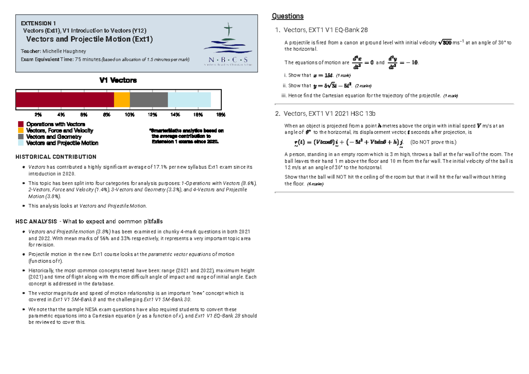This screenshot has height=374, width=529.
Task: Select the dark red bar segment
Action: coord(65,100)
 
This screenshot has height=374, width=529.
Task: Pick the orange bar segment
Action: coord(122,100)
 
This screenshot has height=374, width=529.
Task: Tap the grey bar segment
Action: coord(149,100)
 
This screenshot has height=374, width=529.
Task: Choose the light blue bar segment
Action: coord(189,100)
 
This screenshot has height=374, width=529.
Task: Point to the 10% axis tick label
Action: coord(130,115)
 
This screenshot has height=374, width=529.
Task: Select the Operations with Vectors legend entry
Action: coord(56,124)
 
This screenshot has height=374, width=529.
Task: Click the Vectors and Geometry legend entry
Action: coord(54,137)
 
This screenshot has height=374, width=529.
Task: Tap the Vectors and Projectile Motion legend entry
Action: coord(62,143)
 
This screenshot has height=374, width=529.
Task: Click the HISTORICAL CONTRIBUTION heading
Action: coord(56,157)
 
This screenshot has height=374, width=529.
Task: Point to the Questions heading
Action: coord(287,16)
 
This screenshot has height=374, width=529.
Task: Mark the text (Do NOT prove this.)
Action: coord(433,142)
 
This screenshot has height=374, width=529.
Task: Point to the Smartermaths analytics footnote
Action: coord(186,137)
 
